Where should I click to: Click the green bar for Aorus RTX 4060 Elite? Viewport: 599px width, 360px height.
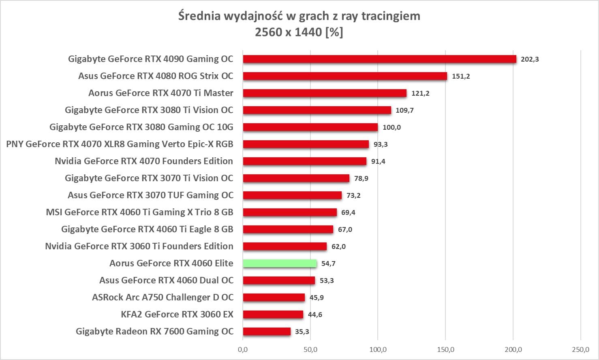coord(280,264)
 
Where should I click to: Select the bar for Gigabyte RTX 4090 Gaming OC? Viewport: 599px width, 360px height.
coord(379,59)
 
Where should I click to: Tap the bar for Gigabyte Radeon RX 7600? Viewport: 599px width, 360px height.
coord(267,332)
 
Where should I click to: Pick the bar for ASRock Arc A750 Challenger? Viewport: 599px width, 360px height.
coord(274,298)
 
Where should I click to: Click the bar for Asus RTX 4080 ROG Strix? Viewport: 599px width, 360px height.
coord(345,76)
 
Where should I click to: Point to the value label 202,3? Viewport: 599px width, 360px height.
coord(530,59)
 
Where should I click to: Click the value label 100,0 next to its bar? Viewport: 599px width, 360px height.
coord(391,127)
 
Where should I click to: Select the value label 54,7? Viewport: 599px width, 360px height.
coord(328,264)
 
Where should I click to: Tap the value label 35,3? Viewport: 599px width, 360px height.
coord(302,332)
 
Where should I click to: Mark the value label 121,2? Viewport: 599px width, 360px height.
coord(420,93)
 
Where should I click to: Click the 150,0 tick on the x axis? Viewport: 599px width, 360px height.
coord(446,349)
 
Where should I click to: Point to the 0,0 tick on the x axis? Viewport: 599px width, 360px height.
coord(243,349)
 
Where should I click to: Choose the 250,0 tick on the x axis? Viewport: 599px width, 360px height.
coord(580,349)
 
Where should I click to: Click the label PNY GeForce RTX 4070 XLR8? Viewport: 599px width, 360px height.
coord(120,144)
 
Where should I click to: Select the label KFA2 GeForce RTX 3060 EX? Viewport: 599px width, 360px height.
coord(177,315)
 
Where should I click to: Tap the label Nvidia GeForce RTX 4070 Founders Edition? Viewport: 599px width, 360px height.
coord(144,161)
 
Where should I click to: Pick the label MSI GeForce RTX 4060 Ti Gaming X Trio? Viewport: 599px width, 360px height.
coord(139,212)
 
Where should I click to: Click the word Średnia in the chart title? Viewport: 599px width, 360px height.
coord(199,16)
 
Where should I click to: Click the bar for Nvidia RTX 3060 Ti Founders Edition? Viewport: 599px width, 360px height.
coord(285,246)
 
